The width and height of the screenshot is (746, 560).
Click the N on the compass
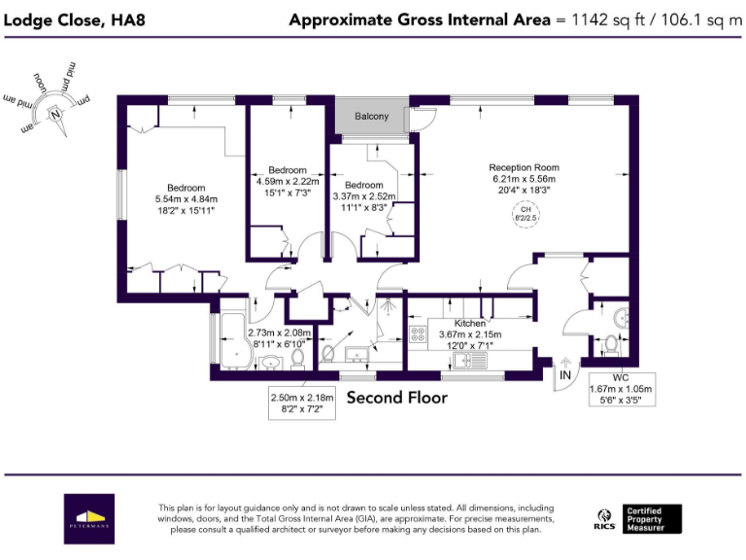(56, 114)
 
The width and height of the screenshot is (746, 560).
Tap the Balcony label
(371, 117)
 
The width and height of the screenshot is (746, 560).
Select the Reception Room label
(524, 167)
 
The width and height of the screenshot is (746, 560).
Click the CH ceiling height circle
(525, 214)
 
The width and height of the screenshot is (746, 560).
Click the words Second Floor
(396, 398)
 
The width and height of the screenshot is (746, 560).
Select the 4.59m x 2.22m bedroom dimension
(288, 181)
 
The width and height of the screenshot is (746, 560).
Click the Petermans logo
(89, 518)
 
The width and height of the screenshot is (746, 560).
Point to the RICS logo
(603, 518)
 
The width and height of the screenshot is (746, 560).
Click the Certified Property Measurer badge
(653, 518)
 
